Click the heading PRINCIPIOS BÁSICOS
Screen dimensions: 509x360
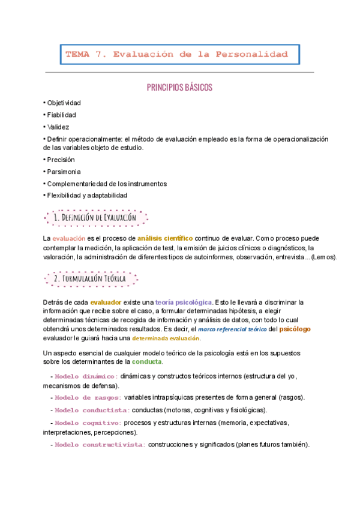click(x=180, y=88)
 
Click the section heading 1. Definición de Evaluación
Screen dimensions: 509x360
click(x=96, y=217)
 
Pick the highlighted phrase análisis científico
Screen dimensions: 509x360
click(x=157, y=238)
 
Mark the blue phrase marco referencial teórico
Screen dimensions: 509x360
click(x=232, y=329)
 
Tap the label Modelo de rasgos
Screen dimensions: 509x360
click(x=88, y=397)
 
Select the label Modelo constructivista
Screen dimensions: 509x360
click(x=100, y=445)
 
